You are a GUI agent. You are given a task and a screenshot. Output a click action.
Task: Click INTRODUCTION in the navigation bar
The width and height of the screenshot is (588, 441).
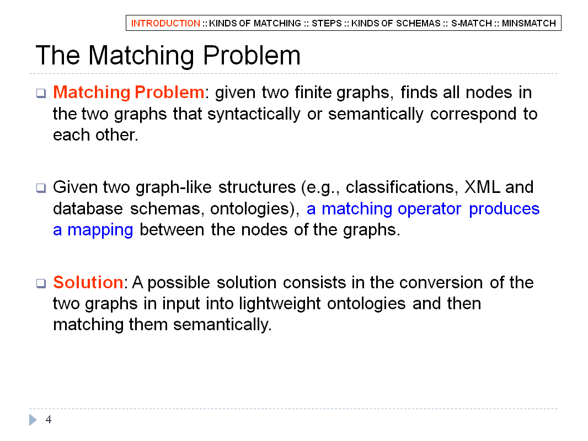[x=165, y=23]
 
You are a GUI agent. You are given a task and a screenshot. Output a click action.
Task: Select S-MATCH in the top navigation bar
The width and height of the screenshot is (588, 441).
[x=472, y=23]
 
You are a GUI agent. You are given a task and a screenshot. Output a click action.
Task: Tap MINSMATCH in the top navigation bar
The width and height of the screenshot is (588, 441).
[x=529, y=23]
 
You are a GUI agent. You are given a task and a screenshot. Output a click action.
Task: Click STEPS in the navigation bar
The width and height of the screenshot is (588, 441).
[x=327, y=23]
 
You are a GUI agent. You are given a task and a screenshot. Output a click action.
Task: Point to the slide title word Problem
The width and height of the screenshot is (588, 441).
[x=252, y=56]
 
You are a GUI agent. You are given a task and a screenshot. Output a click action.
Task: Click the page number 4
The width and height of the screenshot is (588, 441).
[x=49, y=420]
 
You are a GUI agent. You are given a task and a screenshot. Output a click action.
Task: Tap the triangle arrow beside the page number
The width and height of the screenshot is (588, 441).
[x=33, y=420]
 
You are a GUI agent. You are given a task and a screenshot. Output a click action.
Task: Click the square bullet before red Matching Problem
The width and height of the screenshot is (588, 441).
[x=41, y=93]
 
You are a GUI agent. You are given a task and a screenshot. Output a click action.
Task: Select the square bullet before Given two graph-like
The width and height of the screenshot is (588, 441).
[x=41, y=188]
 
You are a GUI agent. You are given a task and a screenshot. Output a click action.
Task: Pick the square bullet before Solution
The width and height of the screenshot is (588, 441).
[x=41, y=283]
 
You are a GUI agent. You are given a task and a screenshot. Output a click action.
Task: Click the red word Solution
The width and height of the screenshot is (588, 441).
[x=88, y=282]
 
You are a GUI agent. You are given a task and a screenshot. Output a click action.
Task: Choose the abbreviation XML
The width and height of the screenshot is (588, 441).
[x=482, y=187]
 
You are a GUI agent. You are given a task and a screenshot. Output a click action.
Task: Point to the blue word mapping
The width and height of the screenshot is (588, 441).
[x=100, y=230]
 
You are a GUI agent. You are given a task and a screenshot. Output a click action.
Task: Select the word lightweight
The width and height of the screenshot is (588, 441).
[x=280, y=304]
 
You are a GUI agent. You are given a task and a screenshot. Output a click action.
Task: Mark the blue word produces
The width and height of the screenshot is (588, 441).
[x=504, y=209]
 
